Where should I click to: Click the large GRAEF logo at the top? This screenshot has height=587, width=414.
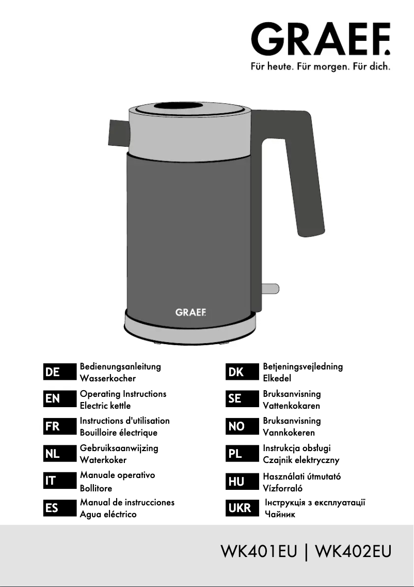click(321, 39)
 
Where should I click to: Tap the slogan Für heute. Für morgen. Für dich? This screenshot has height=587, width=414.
click(321, 67)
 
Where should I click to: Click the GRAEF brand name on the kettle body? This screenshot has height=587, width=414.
click(190, 312)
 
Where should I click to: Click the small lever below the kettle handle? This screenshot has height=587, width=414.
click(270, 289)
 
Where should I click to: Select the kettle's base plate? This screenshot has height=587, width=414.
click(190, 325)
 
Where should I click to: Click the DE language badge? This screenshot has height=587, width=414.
click(59, 372)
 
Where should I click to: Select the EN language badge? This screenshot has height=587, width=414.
click(59, 399)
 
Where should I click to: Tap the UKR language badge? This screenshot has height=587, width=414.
click(242, 508)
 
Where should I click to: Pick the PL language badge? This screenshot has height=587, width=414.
click(242, 454)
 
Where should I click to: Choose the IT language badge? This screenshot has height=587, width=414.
click(59, 481)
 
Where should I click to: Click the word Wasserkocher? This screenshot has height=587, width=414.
click(108, 378)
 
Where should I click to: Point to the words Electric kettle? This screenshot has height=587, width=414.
click(105, 406)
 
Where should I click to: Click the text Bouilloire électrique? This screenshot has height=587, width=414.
click(119, 433)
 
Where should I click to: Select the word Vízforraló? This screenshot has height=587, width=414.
click(283, 488)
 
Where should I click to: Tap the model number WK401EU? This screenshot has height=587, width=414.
click(259, 551)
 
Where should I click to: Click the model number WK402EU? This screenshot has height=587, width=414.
click(354, 551)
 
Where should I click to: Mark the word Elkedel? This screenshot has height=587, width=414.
click(277, 378)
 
